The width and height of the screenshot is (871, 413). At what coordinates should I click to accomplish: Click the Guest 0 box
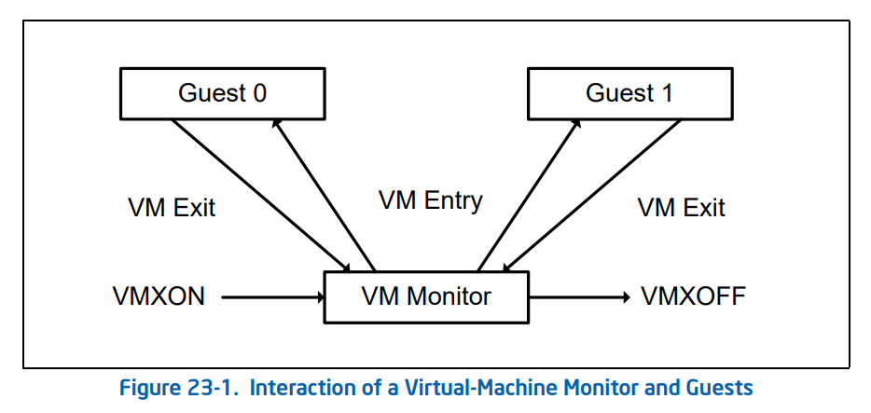pyautogui.click(x=222, y=93)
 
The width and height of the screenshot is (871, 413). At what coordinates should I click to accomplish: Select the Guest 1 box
pyautogui.click(x=629, y=93)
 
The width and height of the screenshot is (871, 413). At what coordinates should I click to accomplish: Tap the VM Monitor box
pyautogui.click(x=426, y=297)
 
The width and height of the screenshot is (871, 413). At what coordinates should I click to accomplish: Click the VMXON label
pyautogui.click(x=158, y=297)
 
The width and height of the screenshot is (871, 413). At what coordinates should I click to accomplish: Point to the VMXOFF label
pyautogui.click(x=693, y=297)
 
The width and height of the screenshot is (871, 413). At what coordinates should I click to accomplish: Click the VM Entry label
pyautogui.click(x=430, y=200)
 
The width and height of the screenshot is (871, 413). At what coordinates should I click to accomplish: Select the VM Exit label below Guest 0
pyautogui.click(x=171, y=207)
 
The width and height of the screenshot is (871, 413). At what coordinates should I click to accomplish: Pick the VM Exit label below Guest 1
pyautogui.click(x=681, y=207)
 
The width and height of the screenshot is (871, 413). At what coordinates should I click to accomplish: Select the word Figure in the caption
pyautogui.click(x=149, y=387)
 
